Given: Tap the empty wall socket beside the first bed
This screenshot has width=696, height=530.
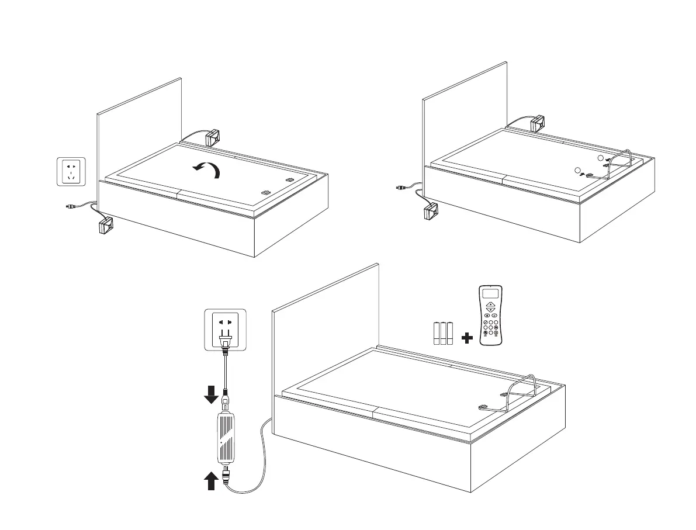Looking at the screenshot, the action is click(x=71, y=171).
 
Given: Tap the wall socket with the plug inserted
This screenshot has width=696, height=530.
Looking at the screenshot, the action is click(x=225, y=330).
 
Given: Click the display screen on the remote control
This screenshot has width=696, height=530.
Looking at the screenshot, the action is click(x=491, y=293).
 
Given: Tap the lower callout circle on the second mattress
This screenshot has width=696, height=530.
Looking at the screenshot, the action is click(x=577, y=170).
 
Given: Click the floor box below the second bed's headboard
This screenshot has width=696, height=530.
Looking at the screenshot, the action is click(x=431, y=212).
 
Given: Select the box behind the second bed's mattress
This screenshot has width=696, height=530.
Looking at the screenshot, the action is click(x=536, y=123).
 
